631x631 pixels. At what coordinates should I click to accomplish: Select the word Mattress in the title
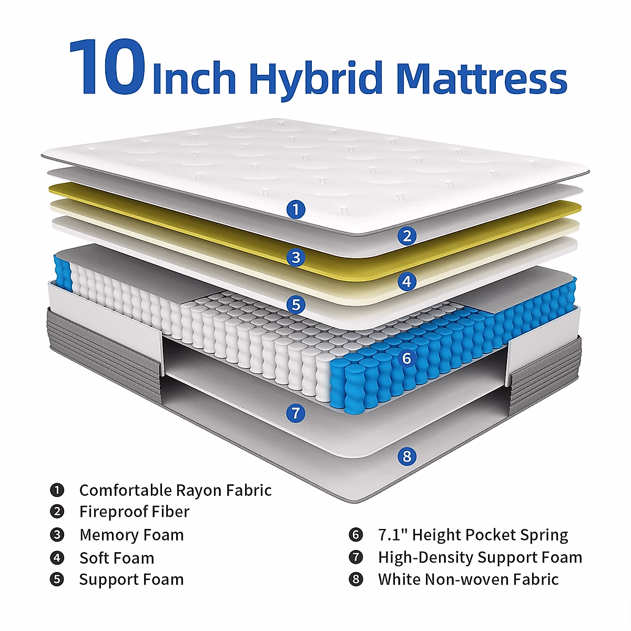481,79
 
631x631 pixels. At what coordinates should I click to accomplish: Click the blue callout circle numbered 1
296,210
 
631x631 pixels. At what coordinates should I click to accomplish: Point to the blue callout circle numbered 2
406,236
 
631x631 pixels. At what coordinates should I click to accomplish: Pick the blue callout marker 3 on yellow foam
296,258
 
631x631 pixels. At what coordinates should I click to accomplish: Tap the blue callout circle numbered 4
406,282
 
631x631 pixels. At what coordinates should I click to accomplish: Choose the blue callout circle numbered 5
296,304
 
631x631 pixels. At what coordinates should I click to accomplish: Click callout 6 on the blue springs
406,359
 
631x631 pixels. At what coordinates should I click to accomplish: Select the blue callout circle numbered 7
296,413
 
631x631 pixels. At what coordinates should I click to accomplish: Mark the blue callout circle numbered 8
406,456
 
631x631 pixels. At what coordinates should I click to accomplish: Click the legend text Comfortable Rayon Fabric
175,490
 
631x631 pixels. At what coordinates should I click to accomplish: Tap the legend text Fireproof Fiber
134,512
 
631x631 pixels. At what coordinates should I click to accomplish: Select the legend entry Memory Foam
131,535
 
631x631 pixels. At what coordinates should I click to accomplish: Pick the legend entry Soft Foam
117,558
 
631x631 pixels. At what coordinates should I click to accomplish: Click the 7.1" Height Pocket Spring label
473,535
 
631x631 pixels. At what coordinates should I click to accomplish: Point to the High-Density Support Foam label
480,557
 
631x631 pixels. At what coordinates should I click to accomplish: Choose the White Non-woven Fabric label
468,579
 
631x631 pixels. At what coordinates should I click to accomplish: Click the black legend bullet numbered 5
57,579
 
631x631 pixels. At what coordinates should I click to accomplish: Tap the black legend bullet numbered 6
356,535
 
